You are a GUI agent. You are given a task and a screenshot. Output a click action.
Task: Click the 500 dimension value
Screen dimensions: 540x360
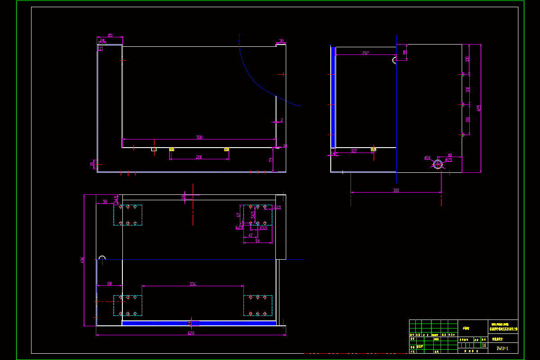point(199,137)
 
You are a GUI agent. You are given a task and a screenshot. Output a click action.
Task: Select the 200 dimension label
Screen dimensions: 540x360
point(199,157)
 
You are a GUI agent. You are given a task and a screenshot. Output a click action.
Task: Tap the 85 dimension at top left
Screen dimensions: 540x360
point(110,36)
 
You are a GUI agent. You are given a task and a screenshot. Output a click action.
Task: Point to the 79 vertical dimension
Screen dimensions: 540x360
point(271,160)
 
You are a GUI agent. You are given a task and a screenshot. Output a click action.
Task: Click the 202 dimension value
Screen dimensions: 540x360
point(365,53)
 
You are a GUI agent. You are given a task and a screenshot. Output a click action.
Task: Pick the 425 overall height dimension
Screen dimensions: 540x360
point(479,108)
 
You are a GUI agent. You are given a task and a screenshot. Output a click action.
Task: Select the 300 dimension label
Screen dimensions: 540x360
point(396,190)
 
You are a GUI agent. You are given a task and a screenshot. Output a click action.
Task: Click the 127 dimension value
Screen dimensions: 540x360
point(354,151)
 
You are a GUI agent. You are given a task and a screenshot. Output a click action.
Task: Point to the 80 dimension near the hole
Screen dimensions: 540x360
point(450,155)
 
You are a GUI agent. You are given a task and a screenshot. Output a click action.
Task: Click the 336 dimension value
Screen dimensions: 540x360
point(193,284)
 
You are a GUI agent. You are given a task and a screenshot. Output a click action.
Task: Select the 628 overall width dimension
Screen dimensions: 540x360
point(191,333)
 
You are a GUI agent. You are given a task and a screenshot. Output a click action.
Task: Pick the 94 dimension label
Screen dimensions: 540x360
point(258,241)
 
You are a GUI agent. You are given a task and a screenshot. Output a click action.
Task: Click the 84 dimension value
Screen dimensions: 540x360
point(109,283)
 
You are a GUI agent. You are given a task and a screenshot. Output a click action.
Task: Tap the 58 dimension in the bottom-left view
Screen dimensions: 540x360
point(105,202)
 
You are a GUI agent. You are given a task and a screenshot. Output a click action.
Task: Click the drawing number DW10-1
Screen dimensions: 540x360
point(503,348)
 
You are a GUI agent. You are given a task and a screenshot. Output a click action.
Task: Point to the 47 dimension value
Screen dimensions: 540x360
point(251,235)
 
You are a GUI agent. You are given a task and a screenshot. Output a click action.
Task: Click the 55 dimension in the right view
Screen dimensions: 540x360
point(405,53)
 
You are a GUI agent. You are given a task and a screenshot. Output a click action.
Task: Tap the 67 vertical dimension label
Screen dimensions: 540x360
point(238,215)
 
